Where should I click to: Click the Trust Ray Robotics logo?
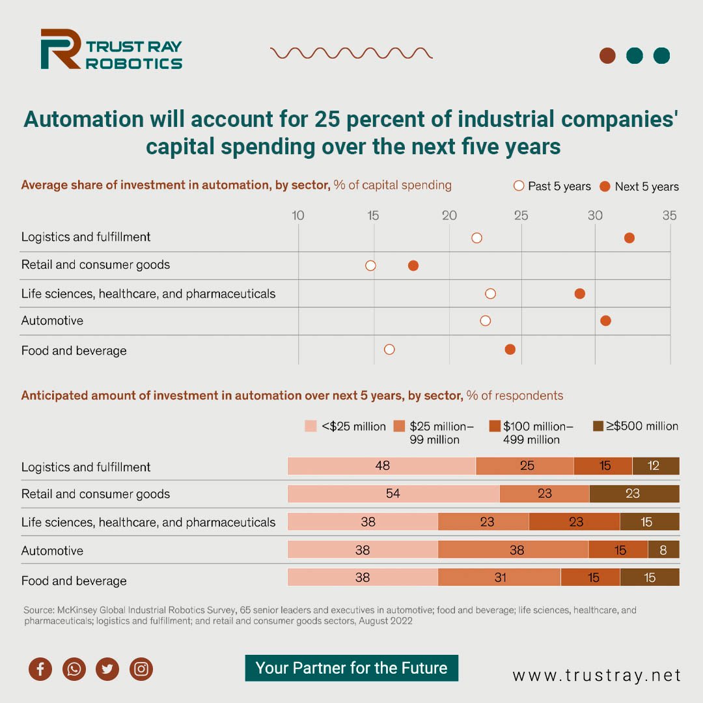coord(111,49)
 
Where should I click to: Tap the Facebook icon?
coord(40,669)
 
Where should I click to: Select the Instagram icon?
coord(141,669)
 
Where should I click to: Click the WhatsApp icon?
coord(74,669)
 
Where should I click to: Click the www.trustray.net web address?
coord(596,676)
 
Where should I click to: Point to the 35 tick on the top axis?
coord(669,215)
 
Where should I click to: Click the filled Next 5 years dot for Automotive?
coord(605,320)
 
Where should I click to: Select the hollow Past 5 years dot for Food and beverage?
coord(389,350)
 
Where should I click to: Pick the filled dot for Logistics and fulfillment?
coord(629,238)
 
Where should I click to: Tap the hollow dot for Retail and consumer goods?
coord(370,266)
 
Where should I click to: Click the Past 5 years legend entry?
coord(552,186)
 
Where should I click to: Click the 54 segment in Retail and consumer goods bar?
coord(393,493)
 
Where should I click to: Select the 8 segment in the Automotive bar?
coord(663,550)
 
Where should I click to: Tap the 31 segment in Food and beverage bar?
coord(499,577)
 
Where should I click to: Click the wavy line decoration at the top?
coord(351,53)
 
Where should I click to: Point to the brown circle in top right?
coord(607,55)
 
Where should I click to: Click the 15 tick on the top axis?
coord(372,215)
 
